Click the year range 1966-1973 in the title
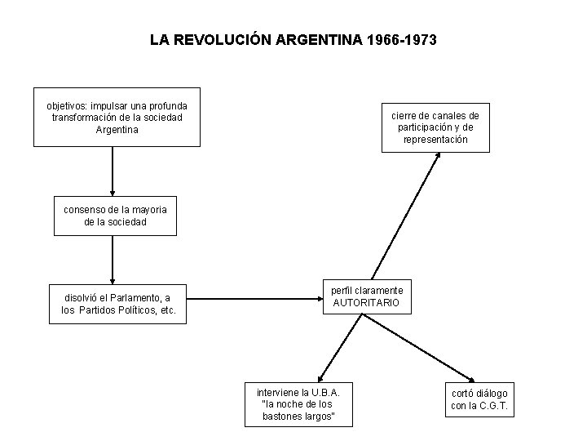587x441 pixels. [x=401, y=39]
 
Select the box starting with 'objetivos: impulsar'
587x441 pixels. [x=117, y=117]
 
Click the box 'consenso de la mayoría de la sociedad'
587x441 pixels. [x=115, y=216]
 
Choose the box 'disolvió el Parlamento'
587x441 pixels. [x=118, y=304]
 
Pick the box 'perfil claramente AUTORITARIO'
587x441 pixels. [x=367, y=296]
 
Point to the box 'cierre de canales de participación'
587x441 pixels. [x=435, y=127]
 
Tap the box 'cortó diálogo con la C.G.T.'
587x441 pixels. [x=479, y=399]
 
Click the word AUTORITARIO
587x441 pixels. [x=367, y=302]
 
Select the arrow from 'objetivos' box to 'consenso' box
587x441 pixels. [x=113, y=171]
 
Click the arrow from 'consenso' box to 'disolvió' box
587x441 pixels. [x=113, y=260]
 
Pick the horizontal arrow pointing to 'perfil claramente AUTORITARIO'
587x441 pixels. [x=253, y=298]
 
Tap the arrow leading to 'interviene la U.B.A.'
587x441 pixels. [x=338, y=347]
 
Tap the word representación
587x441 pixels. [x=435, y=140]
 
